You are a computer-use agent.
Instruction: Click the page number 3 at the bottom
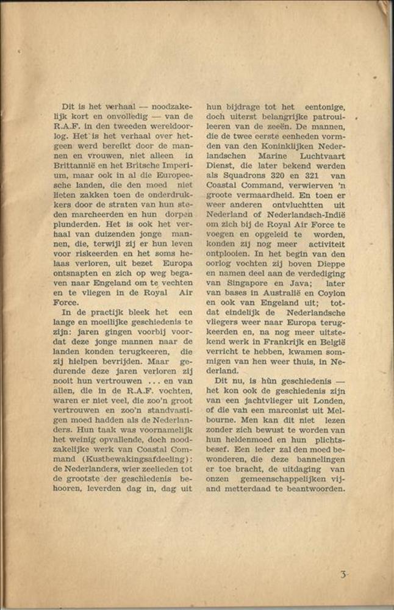coord(343,575)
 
